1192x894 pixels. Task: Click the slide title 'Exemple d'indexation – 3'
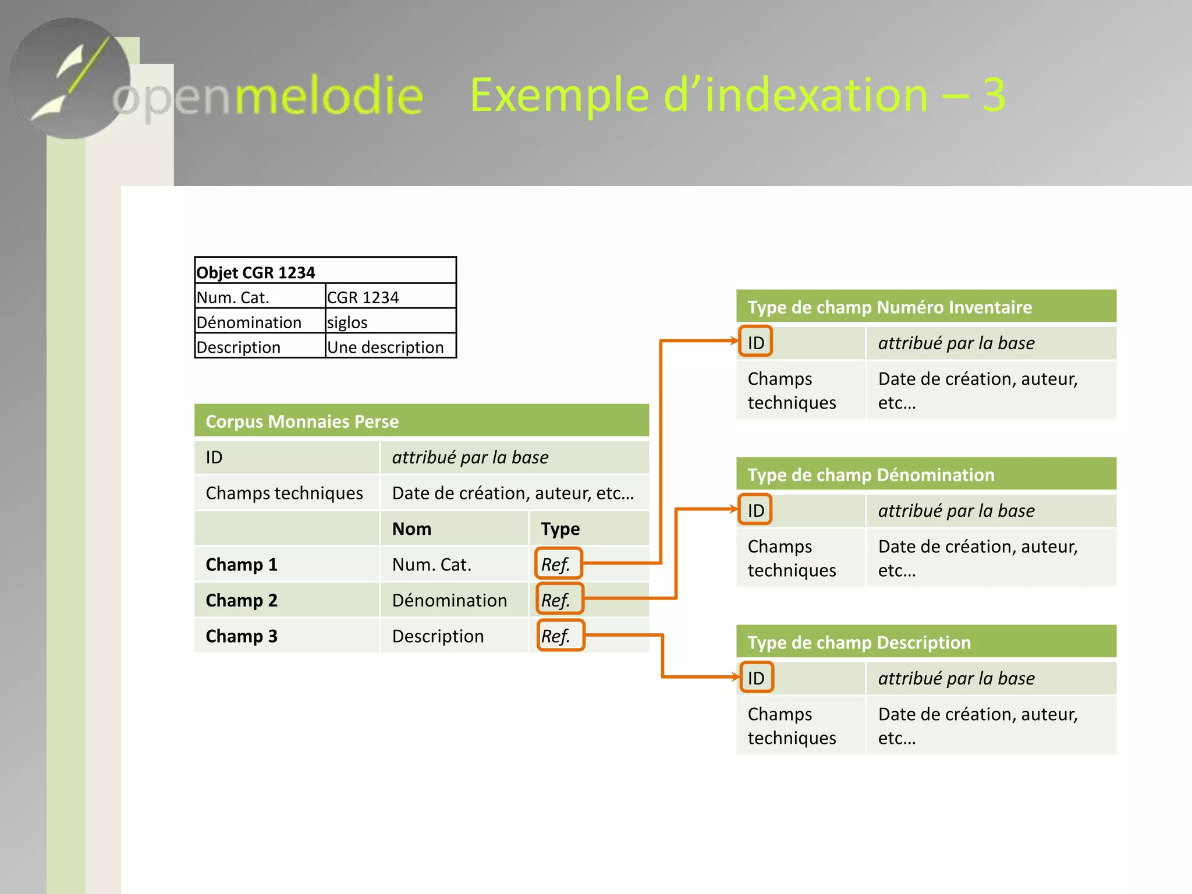pyautogui.click(x=737, y=95)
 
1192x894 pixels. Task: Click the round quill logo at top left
pyautogui.click(x=70, y=79)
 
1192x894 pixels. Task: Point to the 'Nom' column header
pyautogui.click(x=412, y=528)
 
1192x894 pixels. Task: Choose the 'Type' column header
pyautogui.click(x=560, y=528)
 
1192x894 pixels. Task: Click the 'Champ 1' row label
pyautogui.click(x=242, y=565)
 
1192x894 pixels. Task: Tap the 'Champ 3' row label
pyautogui.click(x=242, y=636)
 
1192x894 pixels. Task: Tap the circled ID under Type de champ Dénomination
pyautogui.click(x=755, y=510)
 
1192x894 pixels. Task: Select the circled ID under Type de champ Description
pyautogui.click(x=756, y=677)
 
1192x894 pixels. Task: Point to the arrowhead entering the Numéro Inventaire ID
pyautogui.click(x=735, y=341)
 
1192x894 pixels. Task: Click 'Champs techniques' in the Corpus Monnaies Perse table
pyautogui.click(x=284, y=493)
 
